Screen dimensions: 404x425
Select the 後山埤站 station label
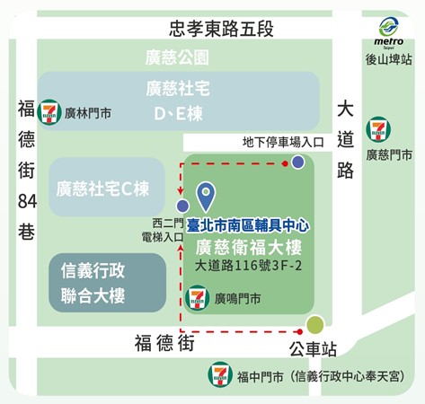coord(389,59)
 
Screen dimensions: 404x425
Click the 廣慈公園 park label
coord(177,58)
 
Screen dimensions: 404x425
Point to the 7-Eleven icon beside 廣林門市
coord(49,113)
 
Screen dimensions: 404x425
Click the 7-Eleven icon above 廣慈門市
coord(378,129)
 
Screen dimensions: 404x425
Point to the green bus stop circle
coord(315,325)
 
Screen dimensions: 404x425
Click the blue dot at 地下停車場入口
coord(297,162)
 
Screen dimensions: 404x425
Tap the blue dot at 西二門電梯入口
coord(182,206)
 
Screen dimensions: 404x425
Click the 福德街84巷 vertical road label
coord(27,171)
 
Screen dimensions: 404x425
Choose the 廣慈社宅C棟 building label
coord(102,189)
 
